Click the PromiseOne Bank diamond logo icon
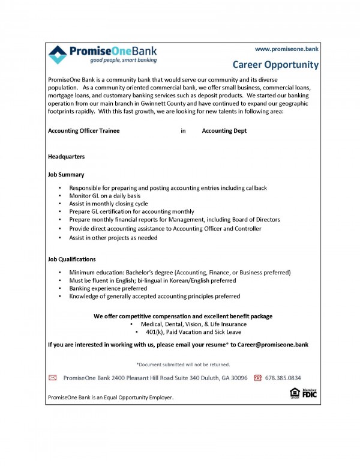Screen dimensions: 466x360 pos(58,54)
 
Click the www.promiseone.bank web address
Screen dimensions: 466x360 pos(286,48)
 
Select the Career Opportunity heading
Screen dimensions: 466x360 pos(275,65)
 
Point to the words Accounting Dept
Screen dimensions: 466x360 pos(224,130)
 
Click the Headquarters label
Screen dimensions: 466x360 pos(66,156)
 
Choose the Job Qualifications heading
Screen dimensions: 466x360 pos(71,259)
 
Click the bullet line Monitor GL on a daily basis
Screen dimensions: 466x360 pos(105,196)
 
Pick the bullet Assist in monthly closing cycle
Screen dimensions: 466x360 pos(109,204)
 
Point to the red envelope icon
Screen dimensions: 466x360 pos(52,378)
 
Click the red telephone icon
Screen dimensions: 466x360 pos(257,378)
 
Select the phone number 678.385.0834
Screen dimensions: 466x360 pos(283,378)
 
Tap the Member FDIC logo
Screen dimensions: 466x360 pos(310,393)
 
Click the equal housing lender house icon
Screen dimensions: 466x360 pos(295,393)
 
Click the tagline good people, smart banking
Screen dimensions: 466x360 pos(124,60)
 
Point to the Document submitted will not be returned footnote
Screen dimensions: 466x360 pos(183,364)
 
